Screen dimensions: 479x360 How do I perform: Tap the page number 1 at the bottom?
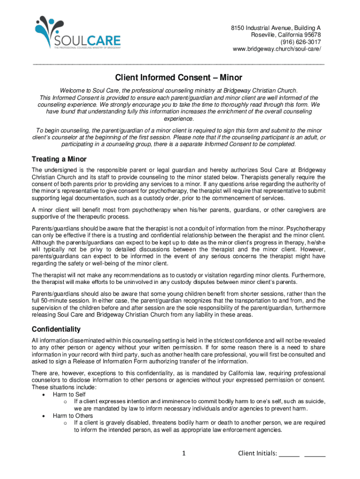point(184,453)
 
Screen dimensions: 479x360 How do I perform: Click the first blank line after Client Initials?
point(289,453)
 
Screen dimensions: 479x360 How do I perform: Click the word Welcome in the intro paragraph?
point(71,90)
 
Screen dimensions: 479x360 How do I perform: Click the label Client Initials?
point(258,453)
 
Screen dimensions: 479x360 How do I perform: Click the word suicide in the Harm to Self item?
point(316,401)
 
